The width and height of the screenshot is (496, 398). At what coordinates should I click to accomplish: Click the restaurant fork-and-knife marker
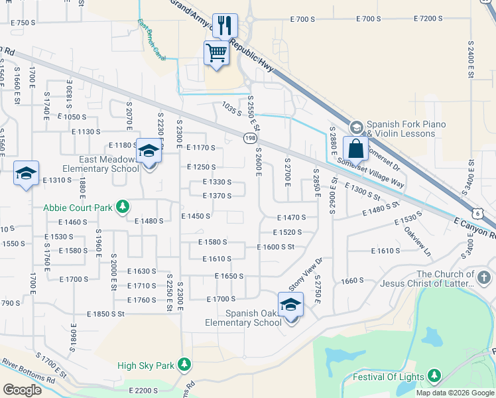(x=224, y=26)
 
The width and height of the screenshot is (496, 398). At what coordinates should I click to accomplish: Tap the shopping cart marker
(x=217, y=52)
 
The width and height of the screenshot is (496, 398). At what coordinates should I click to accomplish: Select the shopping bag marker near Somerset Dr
(x=355, y=149)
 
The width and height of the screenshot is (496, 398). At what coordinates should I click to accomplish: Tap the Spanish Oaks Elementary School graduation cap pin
(x=290, y=304)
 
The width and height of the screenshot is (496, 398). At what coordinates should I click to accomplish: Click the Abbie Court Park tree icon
(x=122, y=207)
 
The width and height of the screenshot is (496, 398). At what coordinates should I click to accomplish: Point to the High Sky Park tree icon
(x=184, y=365)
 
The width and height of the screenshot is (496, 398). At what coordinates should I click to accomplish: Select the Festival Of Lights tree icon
(x=434, y=377)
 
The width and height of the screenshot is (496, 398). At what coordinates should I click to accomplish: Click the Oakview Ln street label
(x=418, y=243)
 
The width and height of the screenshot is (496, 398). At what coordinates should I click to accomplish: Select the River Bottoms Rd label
(x=28, y=371)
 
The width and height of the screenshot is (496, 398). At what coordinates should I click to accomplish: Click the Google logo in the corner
(x=22, y=389)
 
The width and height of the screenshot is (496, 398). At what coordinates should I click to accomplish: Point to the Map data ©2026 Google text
(x=455, y=393)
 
